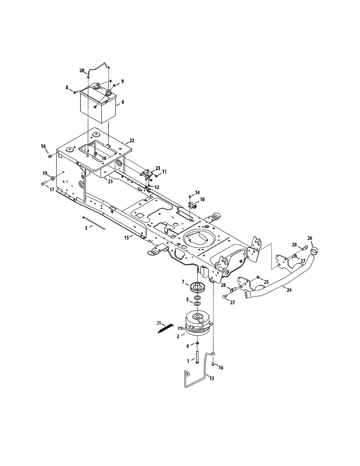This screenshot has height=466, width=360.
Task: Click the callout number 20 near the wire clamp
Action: click(82, 71)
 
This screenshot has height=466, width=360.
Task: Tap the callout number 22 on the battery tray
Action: click(132, 141)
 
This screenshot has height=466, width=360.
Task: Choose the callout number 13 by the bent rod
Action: click(212, 378)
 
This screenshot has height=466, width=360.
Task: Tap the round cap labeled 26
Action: click(315, 250)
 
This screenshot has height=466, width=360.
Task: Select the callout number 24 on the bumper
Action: click(289, 290)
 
